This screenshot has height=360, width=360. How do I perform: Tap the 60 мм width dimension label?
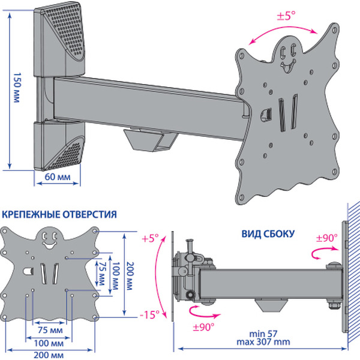click(x=58, y=177)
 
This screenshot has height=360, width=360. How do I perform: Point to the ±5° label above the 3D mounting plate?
click(x=286, y=17)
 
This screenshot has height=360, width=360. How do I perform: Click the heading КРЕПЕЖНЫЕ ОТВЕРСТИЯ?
click(x=59, y=214)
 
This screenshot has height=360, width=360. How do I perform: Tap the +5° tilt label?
click(x=150, y=238)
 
